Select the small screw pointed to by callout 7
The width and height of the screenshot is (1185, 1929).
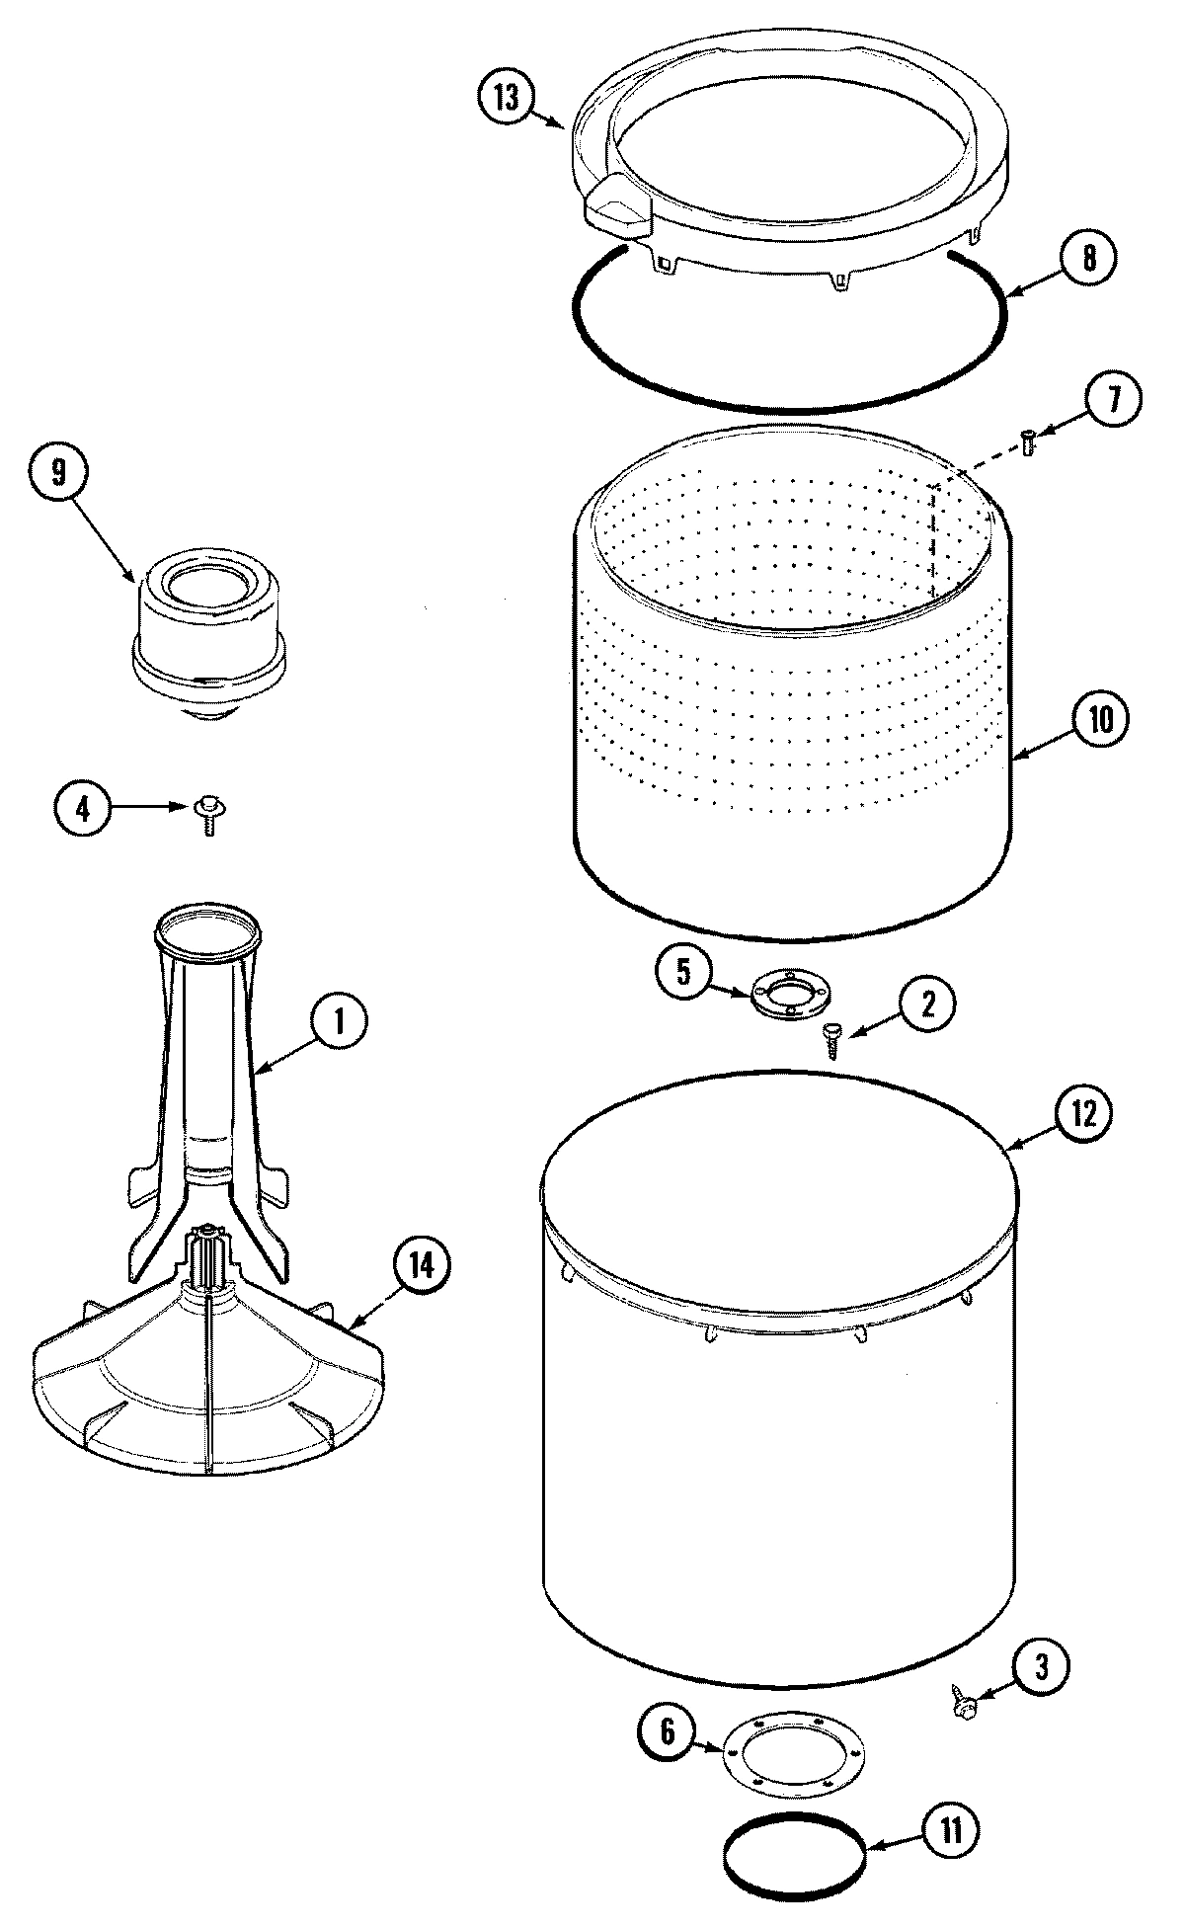click(1027, 442)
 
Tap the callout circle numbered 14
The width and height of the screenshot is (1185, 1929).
click(421, 1265)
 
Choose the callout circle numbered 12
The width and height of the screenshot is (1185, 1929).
click(1082, 1114)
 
